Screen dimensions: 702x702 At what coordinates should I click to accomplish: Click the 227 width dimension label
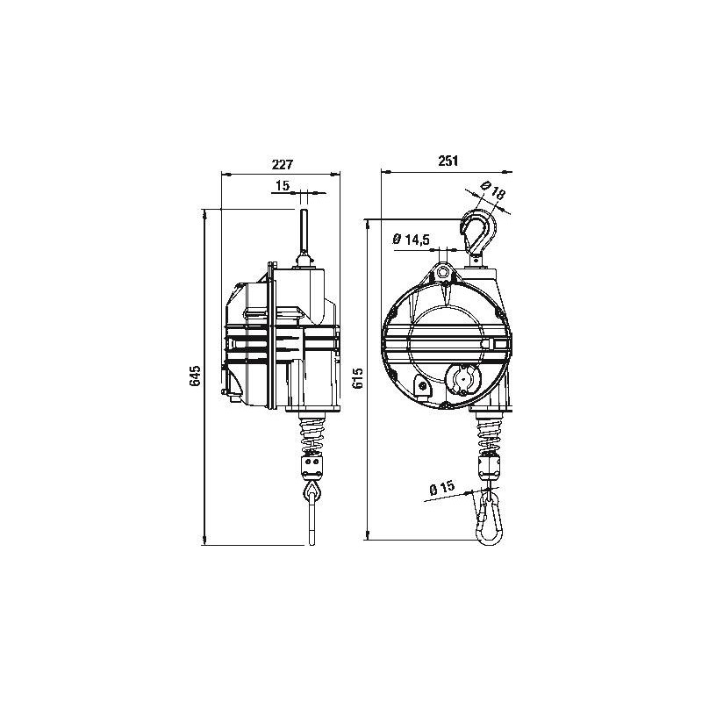click(x=281, y=164)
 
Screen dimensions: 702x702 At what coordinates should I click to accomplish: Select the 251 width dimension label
click(x=448, y=161)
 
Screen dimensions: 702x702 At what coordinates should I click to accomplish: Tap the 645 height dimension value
click(x=196, y=376)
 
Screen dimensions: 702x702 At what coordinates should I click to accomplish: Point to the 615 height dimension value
click(x=358, y=378)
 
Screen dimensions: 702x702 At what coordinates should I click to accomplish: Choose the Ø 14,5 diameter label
click(x=411, y=240)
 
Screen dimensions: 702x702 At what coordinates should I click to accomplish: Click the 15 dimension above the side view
click(x=283, y=186)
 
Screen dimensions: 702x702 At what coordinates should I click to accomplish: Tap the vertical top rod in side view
click(x=303, y=230)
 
